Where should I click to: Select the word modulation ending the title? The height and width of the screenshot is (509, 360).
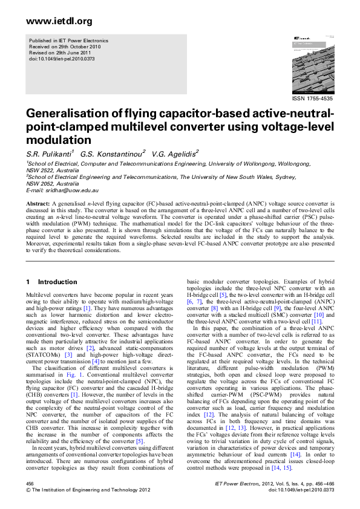click(x=54, y=138)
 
